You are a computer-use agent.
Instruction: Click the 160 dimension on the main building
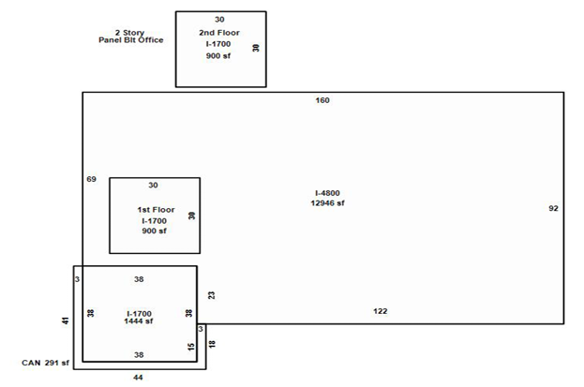tap(322, 100)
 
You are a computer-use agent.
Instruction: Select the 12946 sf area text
tap(327, 203)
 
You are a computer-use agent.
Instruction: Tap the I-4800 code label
tap(327, 193)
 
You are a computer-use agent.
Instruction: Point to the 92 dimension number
tap(553, 208)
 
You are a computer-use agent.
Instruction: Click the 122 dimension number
tap(381, 311)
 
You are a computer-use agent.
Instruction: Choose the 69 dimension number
tap(91, 179)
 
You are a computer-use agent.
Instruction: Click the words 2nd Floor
tap(219, 33)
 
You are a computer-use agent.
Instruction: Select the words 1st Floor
tap(156, 210)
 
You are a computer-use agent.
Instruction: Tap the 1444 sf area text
tap(139, 321)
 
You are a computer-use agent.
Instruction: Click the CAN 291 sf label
tap(45, 363)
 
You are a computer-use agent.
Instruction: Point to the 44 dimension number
tap(138, 378)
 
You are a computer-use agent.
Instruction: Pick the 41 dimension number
tap(66, 320)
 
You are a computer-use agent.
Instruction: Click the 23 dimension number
tap(211, 295)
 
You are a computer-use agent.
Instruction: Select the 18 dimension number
tap(212, 344)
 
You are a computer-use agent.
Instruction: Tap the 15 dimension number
tap(191, 347)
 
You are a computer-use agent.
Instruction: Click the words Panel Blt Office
tap(130, 40)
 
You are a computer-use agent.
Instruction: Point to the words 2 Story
tap(129, 33)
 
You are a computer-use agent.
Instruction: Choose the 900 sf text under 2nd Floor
tap(218, 56)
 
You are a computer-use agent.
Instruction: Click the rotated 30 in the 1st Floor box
tap(192, 216)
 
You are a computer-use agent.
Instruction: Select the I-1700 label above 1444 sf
tap(139, 314)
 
